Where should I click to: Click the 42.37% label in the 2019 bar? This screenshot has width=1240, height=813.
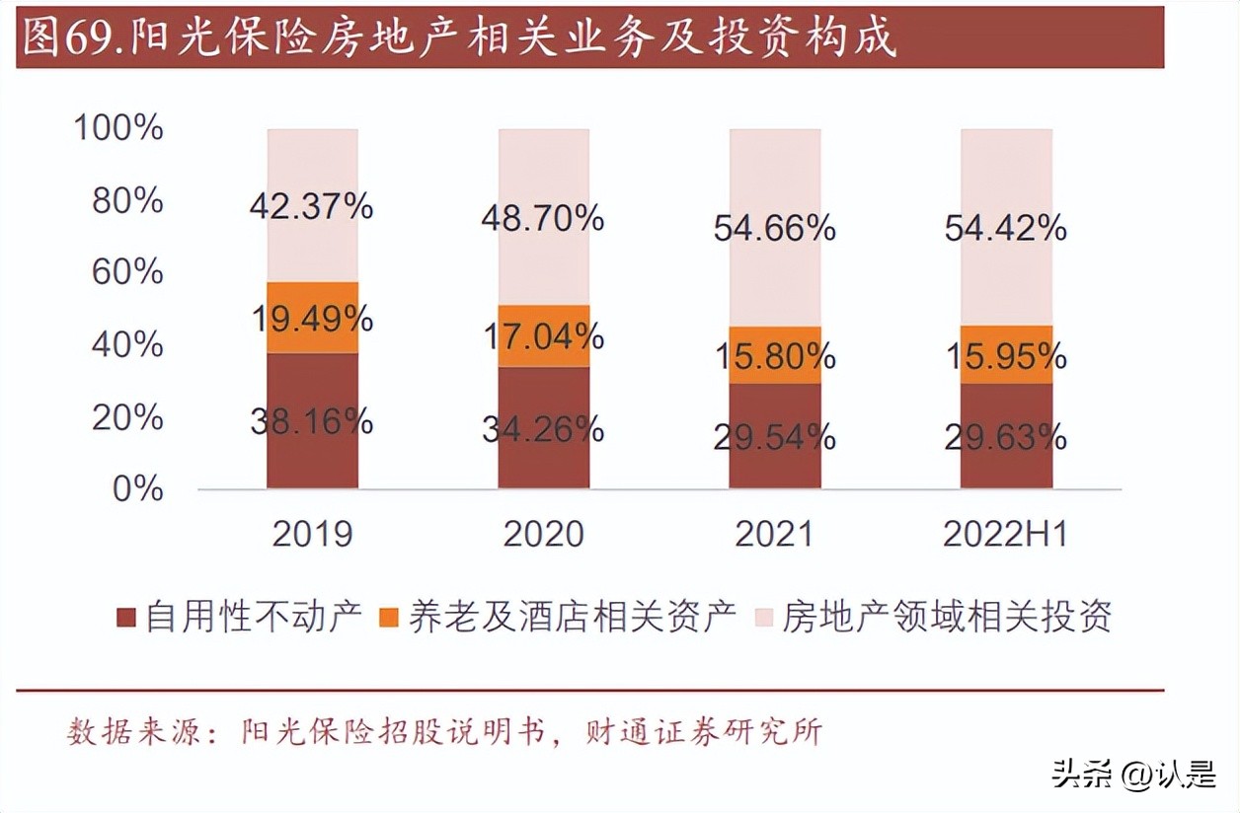click(x=311, y=207)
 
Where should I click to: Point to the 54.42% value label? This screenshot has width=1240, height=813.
click(x=1005, y=229)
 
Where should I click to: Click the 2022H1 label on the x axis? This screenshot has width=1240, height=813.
click(x=1005, y=534)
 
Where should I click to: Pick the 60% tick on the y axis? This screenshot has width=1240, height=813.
click(x=126, y=272)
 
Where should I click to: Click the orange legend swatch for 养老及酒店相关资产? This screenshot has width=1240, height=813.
click(x=389, y=618)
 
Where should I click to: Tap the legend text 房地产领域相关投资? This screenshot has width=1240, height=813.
click(x=947, y=617)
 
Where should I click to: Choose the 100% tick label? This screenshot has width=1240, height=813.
click(x=118, y=127)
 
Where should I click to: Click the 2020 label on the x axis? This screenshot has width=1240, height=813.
click(x=543, y=534)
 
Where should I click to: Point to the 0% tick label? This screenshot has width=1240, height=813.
click(x=136, y=488)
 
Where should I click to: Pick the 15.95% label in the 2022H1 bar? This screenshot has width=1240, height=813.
click(x=1005, y=355)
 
